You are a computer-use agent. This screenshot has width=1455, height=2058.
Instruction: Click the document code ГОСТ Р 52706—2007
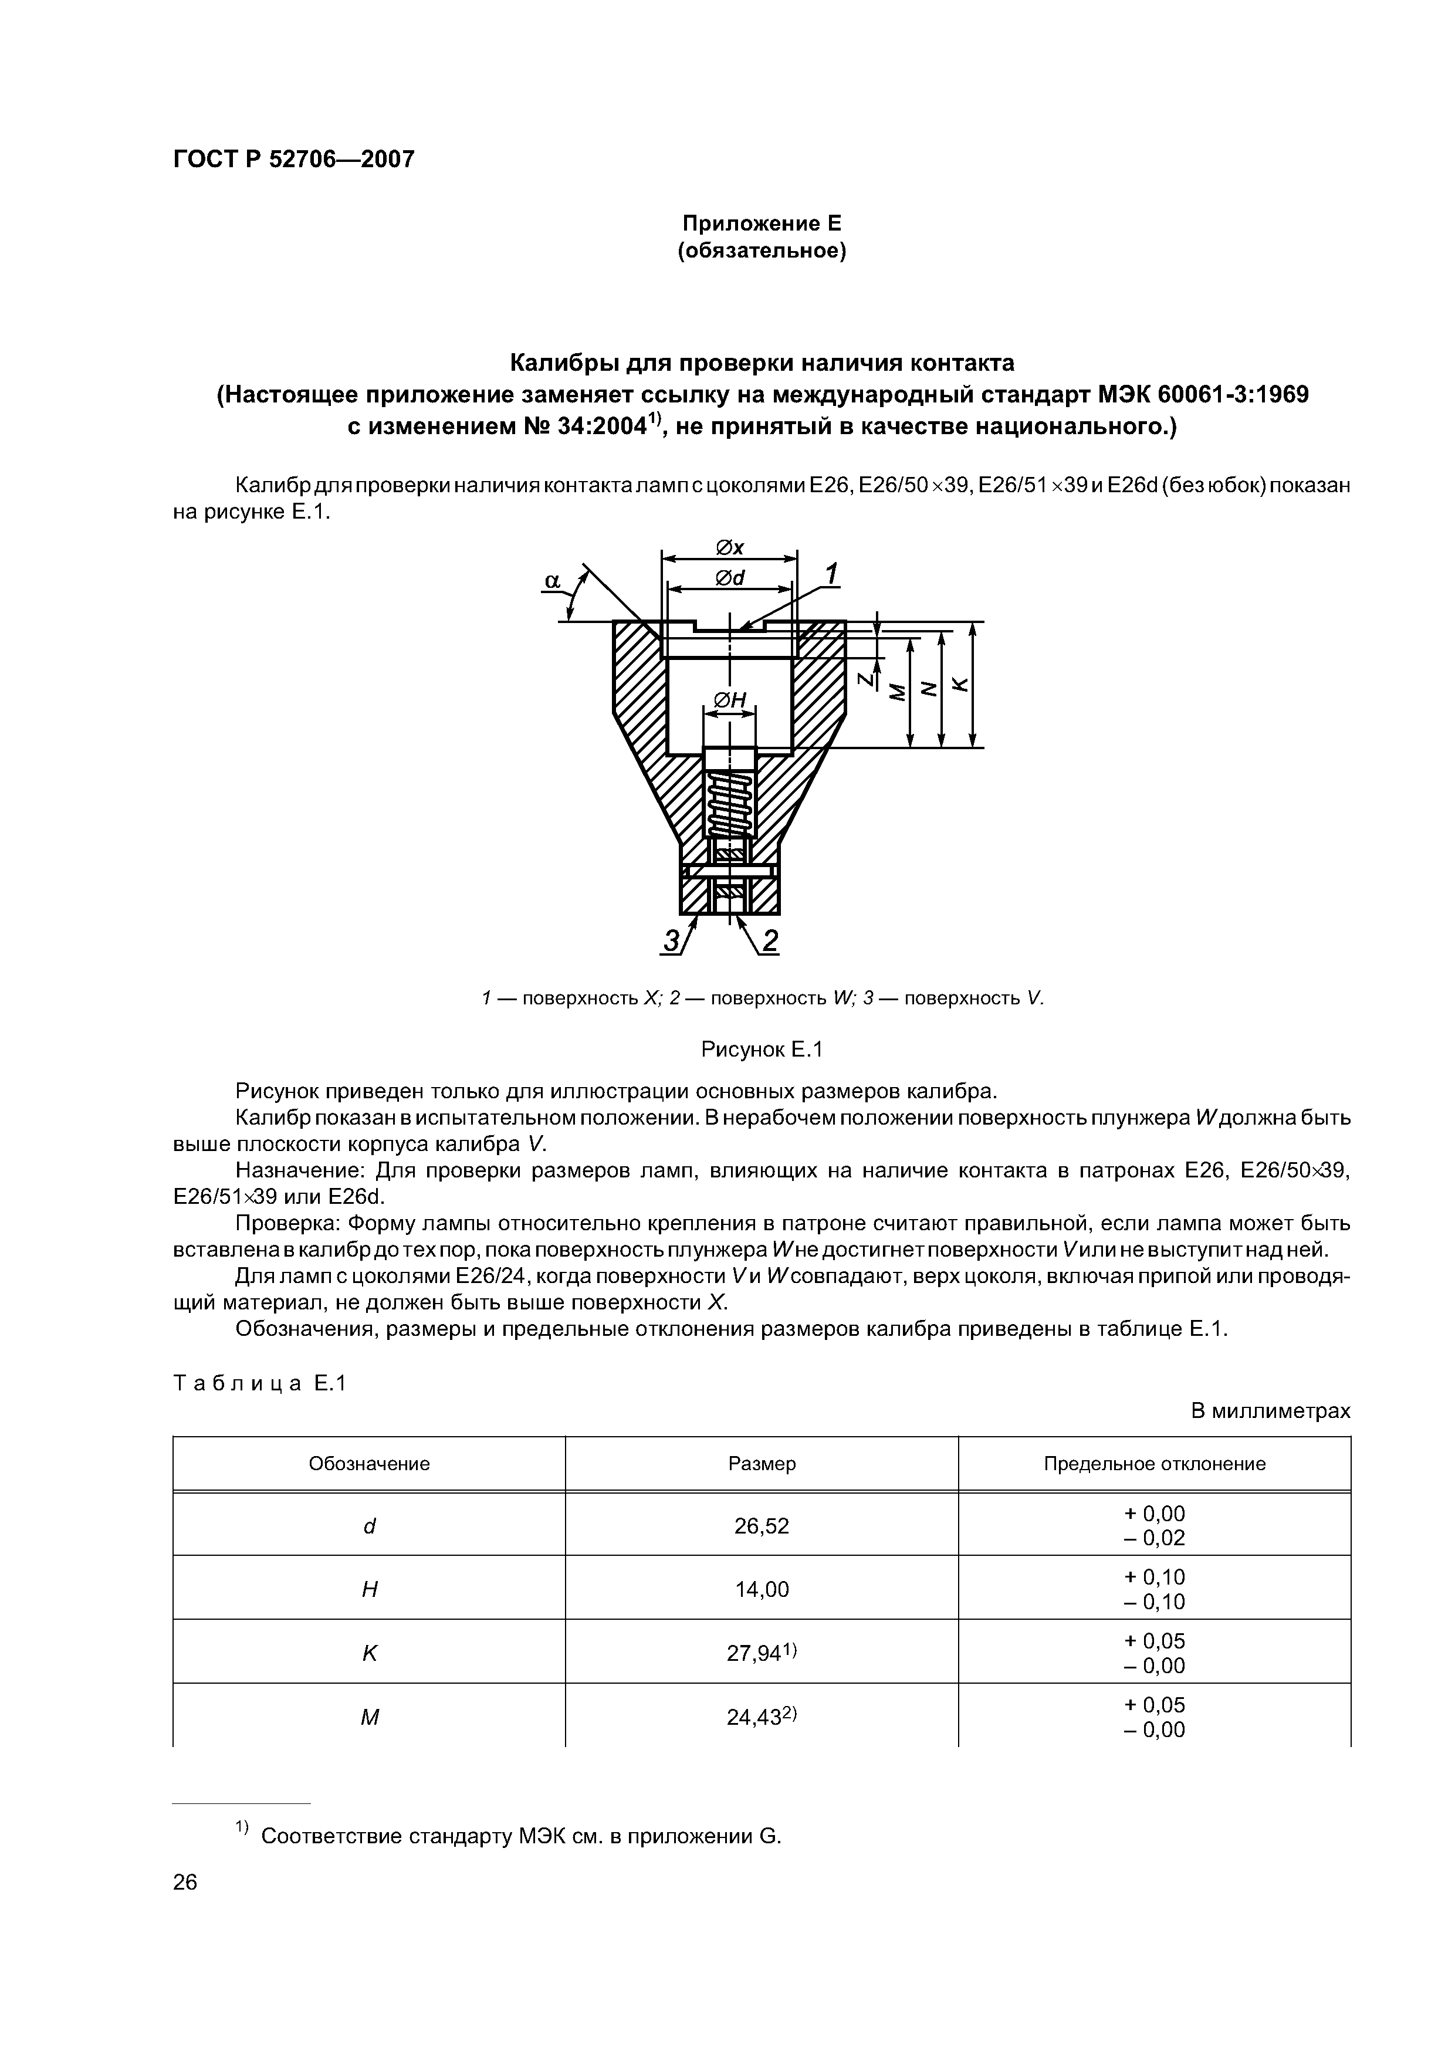tap(293, 160)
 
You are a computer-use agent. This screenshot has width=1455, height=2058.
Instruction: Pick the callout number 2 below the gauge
tap(769, 940)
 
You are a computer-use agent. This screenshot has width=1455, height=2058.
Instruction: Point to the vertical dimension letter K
tap(958, 685)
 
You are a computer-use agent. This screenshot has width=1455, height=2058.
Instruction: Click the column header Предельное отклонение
tap(1154, 1464)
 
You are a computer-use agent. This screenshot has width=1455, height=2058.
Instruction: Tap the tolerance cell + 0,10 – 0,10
tap(1154, 1590)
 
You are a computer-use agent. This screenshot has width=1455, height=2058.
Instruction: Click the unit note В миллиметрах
tap(1270, 1411)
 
